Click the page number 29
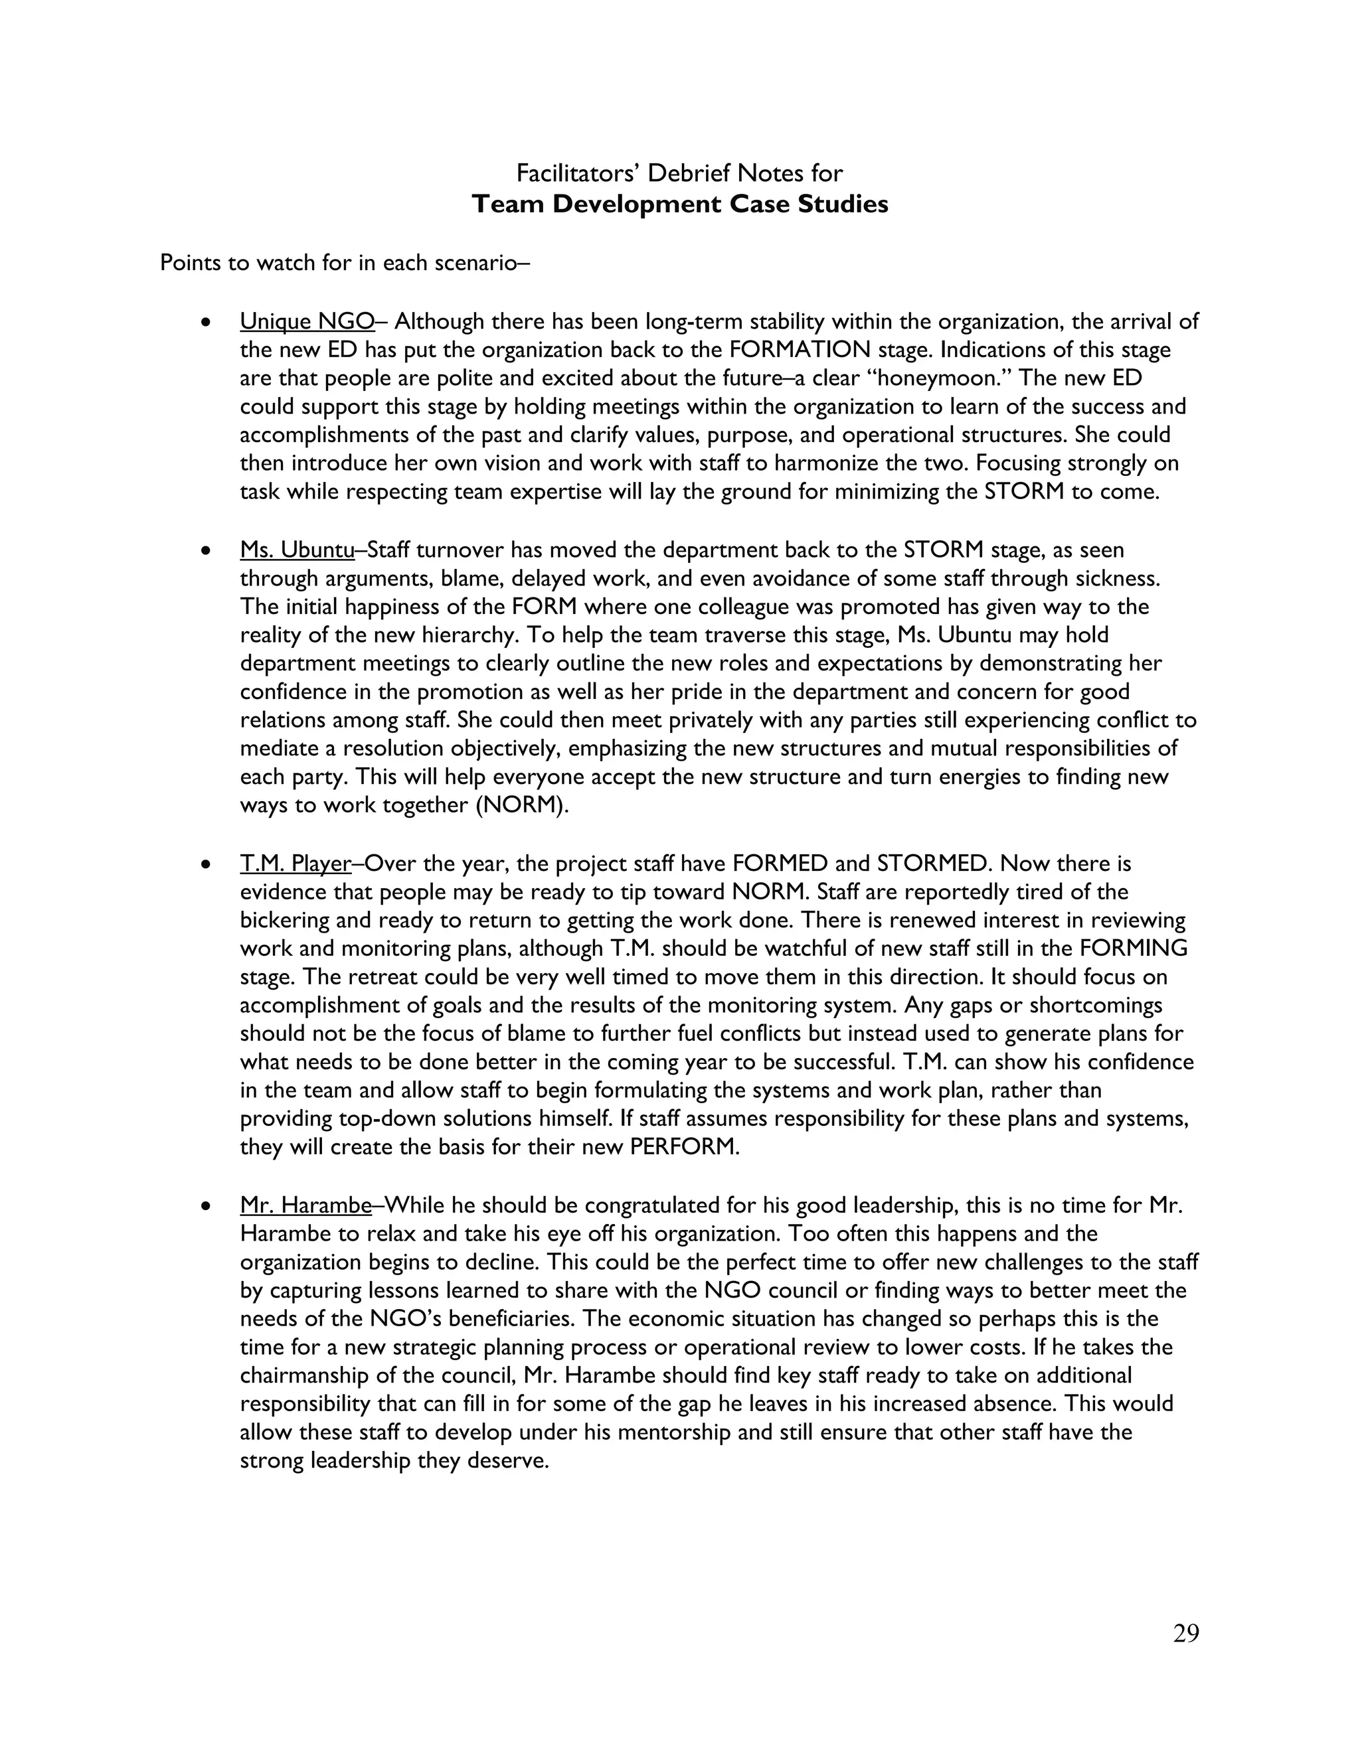pos(1186,1634)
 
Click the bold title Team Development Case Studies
pos(679,204)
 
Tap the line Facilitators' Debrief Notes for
pos(679,173)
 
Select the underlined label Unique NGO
pos(307,321)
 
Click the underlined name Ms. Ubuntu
pos(296,550)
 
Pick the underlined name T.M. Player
pos(295,864)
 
